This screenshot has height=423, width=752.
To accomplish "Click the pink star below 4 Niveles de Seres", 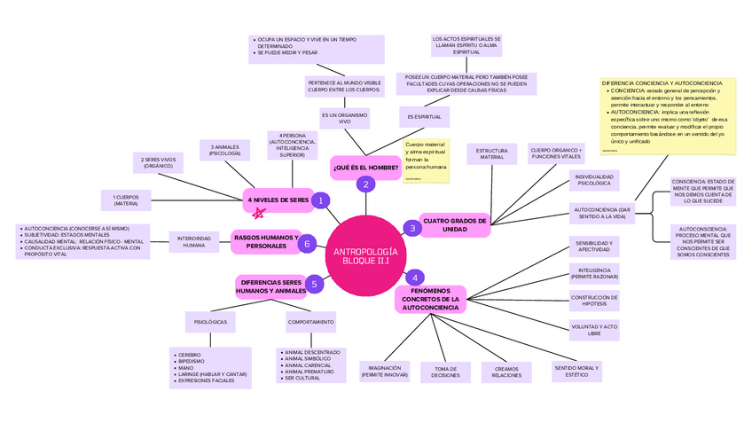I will tap(258, 214).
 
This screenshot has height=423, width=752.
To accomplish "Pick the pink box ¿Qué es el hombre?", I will tap(364, 167).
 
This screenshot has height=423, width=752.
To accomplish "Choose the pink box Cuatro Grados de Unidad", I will tap(455, 224).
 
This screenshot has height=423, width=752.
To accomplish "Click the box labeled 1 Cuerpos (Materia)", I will tap(126, 200).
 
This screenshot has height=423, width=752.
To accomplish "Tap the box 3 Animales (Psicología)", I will tap(224, 150).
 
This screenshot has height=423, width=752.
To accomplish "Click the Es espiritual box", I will tap(424, 117).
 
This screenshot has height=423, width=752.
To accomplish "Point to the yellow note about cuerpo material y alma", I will tap(426, 160).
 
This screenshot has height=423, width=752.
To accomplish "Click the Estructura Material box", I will tap(491, 154).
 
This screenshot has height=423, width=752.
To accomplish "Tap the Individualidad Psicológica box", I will tap(593, 182).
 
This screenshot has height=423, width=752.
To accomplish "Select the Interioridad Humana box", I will tap(193, 241).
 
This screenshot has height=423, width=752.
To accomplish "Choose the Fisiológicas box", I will tap(210, 322).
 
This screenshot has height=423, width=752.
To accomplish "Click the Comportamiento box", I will tap(310, 322).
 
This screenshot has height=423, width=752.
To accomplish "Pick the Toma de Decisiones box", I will tap(445, 372).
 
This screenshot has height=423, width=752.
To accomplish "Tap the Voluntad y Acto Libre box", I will tap(593, 330).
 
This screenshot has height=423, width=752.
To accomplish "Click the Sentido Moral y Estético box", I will tap(576, 371).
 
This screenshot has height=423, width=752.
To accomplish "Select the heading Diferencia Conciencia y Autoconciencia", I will tap(662, 82).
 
